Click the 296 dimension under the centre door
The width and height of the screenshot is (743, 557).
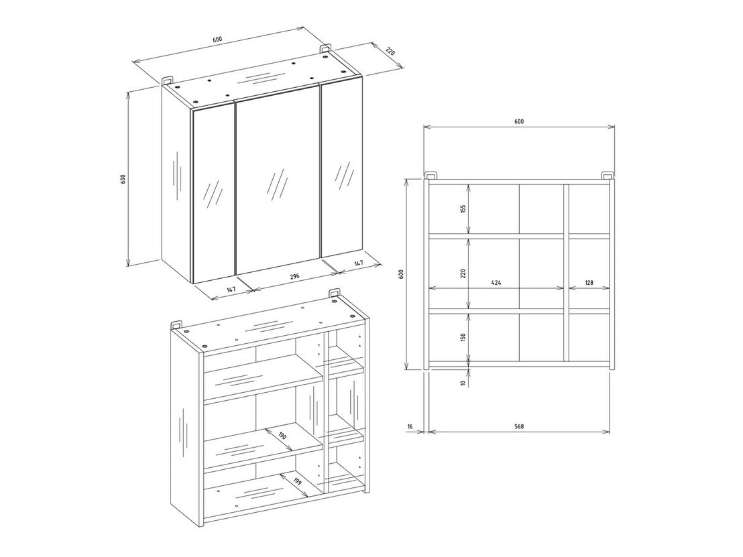click(x=294, y=277)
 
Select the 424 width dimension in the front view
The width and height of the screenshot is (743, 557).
click(x=496, y=283)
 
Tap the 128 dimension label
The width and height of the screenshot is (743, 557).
click(x=589, y=283)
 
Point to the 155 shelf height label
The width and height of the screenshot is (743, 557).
click(x=463, y=209)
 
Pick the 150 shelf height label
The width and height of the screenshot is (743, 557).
click(x=463, y=337)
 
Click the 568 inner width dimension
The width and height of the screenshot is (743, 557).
click(x=519, y=426)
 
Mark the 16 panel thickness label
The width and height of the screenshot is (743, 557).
click(x=410, y=426)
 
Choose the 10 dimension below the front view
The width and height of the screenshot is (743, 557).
click(x=463, y=382)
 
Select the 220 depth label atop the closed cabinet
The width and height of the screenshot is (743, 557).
click(x=390, y=51)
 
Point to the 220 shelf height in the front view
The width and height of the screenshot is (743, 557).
click(x=463, y=273)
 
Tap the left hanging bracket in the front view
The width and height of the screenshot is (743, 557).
click(x=429, y=175)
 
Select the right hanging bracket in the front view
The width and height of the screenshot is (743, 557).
click(x=608, y=175)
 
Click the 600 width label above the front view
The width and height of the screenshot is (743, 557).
click(x=519, y=122)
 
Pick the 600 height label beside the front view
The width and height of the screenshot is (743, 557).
click(x=401, y=274)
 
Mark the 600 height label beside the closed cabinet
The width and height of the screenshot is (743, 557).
click(x=123, y=179)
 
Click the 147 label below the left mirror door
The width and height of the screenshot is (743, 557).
click(x=231, y=290)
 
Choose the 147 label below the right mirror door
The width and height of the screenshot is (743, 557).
click(x=359, y=262)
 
